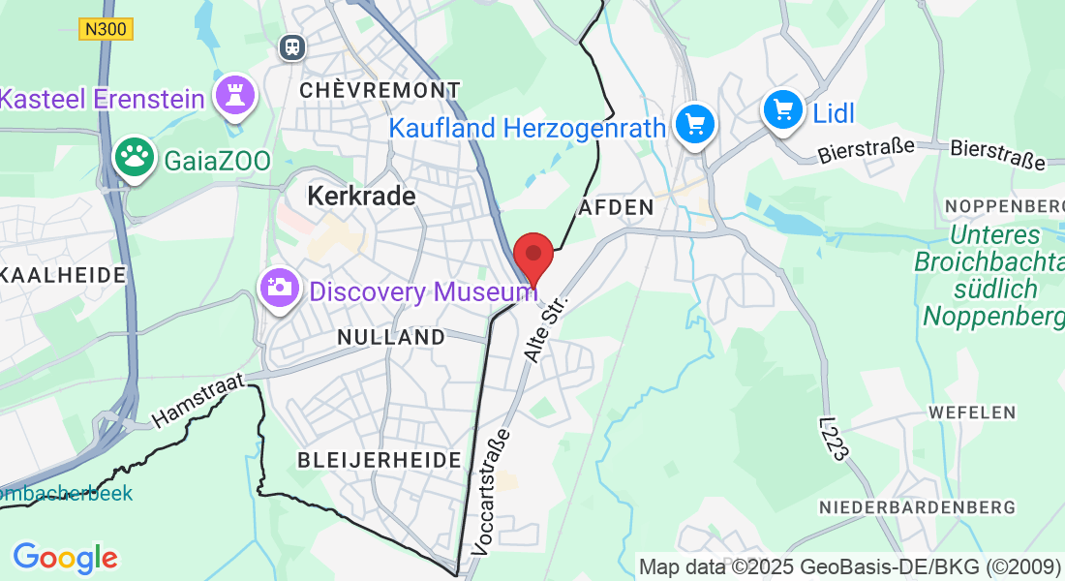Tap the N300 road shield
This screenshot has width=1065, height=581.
point(106,29)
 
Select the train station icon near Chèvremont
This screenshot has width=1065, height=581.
point(290,46)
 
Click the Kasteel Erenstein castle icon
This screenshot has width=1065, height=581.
point(234,96)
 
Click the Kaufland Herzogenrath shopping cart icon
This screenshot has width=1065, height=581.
point(694,125)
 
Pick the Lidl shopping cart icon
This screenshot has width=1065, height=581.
point(783,109)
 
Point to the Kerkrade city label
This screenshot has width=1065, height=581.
point(361,196)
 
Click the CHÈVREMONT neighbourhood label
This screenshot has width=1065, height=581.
point(380,90)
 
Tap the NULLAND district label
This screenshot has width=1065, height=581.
point(391,337)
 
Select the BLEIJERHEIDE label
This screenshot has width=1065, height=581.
point(380,460)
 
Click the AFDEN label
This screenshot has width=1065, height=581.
point(617,207)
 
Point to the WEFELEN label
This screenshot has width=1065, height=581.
point(971,412)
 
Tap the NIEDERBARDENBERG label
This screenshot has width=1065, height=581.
point(917,507)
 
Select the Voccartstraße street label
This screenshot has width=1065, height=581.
point(490,491)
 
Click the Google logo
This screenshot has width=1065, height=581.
point(65,558)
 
